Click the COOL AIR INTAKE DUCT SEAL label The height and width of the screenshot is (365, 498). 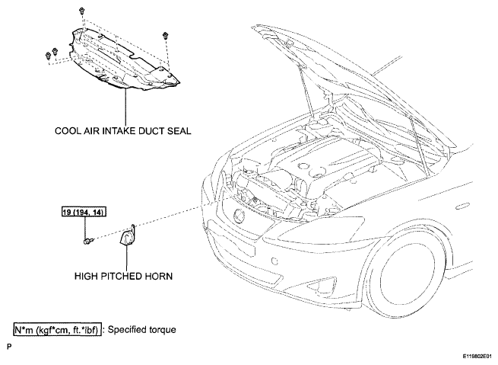(x=123, y=131)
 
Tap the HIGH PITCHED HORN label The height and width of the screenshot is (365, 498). (x=123, y=276)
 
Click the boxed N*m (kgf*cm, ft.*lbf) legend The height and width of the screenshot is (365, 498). (x=58, y=330)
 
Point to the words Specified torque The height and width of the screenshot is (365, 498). (x=141, y=330)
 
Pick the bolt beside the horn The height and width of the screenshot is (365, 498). (x=88, y=241)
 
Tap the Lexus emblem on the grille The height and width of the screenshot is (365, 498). (x=239, y=216)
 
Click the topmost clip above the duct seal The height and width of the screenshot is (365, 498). (x=82, y=11)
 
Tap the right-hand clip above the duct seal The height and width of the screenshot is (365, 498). (x=165, y=35)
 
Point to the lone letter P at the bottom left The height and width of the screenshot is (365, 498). (x=9, y=346)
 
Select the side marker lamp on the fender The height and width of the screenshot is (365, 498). (x=464, y=206)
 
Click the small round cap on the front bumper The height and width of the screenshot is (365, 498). (x=274, y=261)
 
